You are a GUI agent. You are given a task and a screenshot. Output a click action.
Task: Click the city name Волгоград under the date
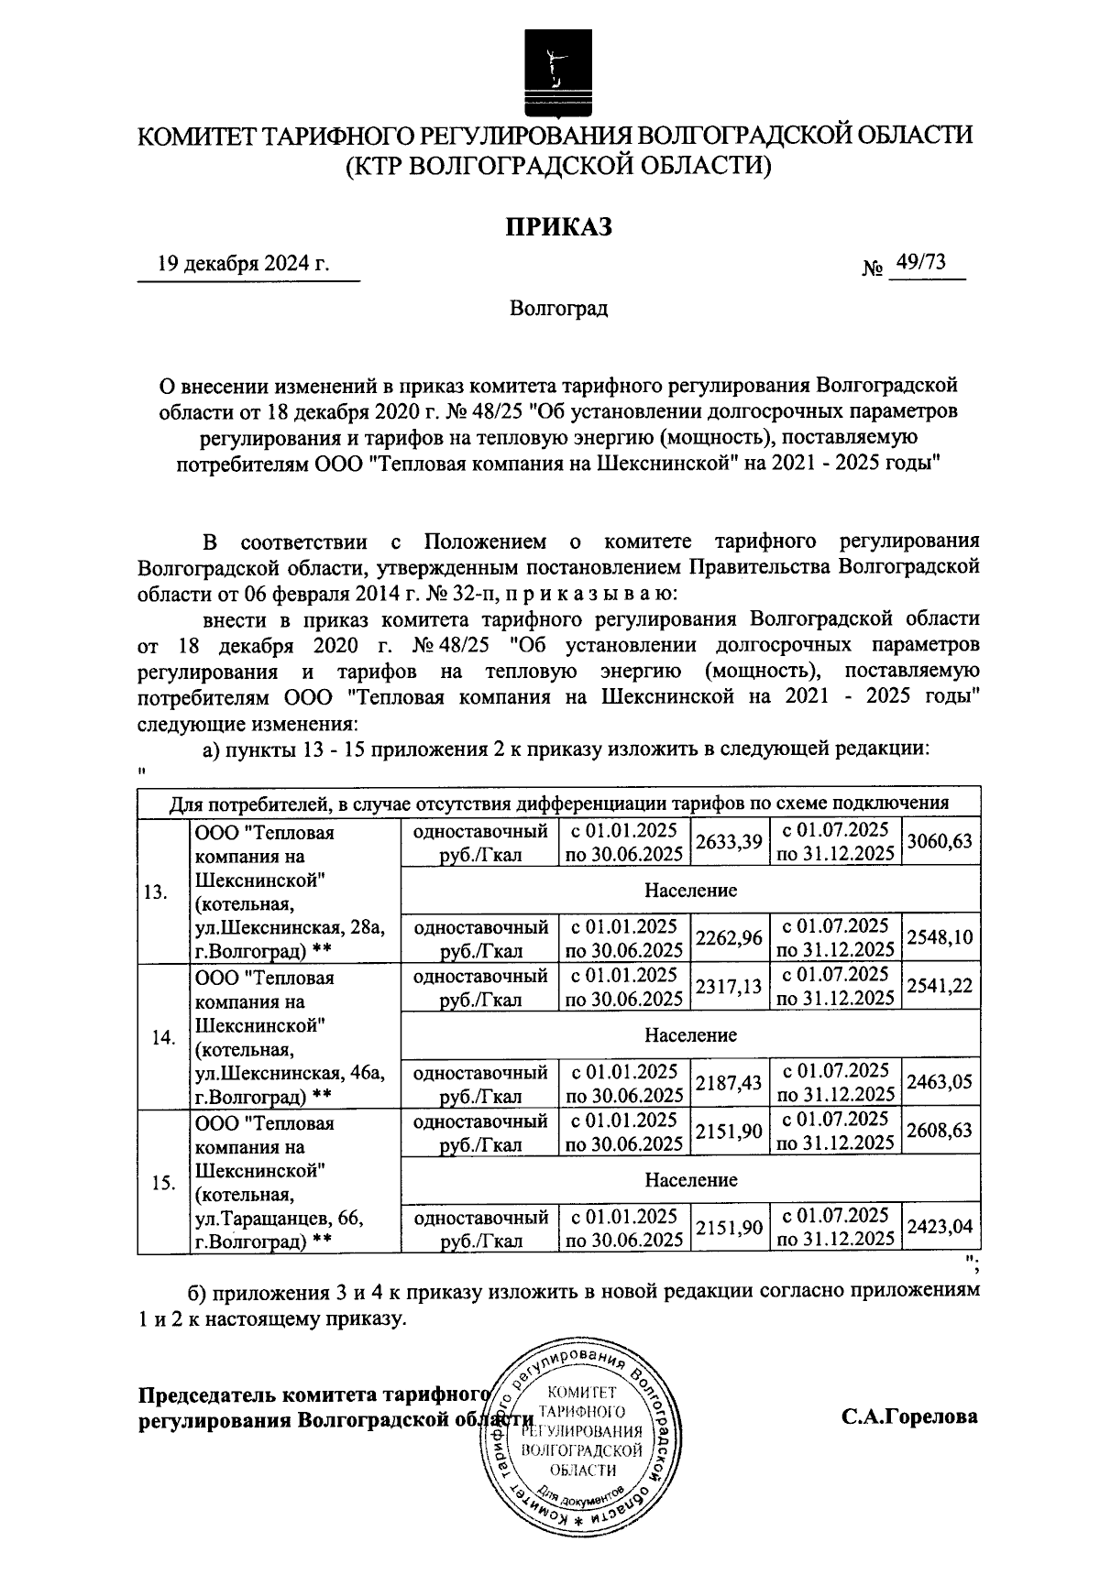pyautogui.click(x=558, y=309)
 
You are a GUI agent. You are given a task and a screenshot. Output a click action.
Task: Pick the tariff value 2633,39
pyautogui.click(x=729, y=842)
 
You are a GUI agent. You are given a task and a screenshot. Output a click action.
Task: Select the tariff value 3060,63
pyautogui.click(x=939, y=841)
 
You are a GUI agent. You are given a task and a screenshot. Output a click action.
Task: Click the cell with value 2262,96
pyautogui.click(x=729, y=937)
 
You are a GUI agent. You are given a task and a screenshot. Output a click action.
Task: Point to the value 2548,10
pyautogui.click(x=939, y=937)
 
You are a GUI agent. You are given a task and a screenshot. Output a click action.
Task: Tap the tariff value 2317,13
pyautogui.click(x=729, y=986)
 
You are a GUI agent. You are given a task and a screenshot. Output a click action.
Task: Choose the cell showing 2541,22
pyautogui.click(x=939, y=986)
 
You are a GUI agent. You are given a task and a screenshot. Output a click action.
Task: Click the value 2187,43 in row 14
pyautogui.click(x=729, y=1083)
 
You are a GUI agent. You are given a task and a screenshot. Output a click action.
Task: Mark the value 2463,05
pyautogui.click(x=939, y=1083)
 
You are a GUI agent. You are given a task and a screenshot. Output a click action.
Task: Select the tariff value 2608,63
pyautogui.click(x=939, y=1132)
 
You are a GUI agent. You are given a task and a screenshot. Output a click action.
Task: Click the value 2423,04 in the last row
pyautogui.click(x=939, y=1227)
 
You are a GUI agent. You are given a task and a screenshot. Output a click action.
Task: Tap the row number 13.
pyautogui.click(x=156, y=892)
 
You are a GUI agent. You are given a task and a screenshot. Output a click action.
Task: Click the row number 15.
pyautogui.click(x=162, y=1183)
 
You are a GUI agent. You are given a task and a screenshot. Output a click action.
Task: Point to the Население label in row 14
pyautogui.click(x=690, y=1035)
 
